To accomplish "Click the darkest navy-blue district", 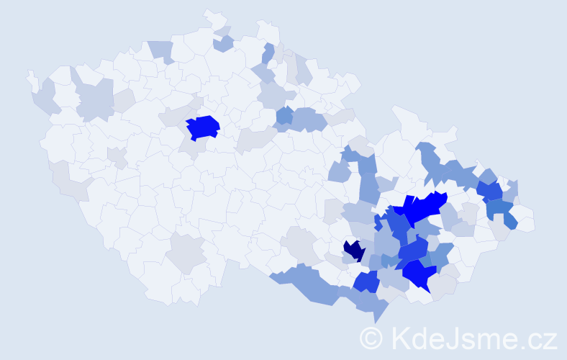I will [x=354, y=251].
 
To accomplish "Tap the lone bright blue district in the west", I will [x=203, y=127].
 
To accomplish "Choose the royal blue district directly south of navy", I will [x=366, y=282].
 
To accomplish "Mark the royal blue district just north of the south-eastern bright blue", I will [x=413, y=249].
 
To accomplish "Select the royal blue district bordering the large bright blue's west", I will [x=396, y=223].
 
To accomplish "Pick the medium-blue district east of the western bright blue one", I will [x=285, y=114].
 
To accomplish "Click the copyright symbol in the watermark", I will [x=371, y=338].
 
